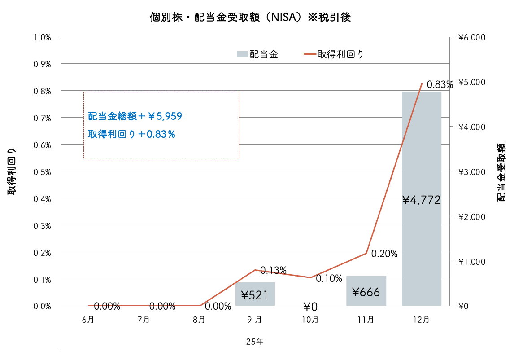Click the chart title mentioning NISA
[250, 18]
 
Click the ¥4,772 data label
[422, 200]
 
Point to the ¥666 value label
[366, 293]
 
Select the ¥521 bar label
[255, 295]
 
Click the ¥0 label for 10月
[310, 307]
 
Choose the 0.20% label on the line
[384, 254]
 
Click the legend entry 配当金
[258, 54]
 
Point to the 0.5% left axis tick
[42, 172]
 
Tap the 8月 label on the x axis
[199, 320]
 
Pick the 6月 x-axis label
[88, 320]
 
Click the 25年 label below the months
[254, 342]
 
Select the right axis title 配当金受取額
[501, 172]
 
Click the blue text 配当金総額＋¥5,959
[135, 117]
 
